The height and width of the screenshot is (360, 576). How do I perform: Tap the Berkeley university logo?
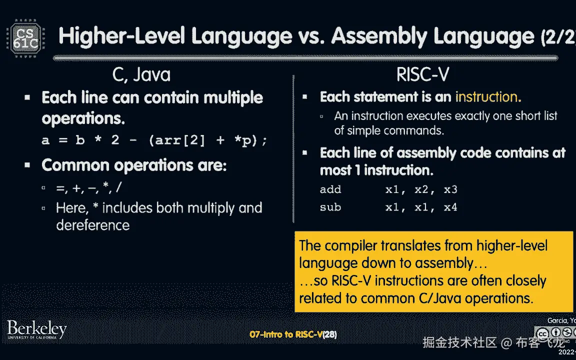(x=36, y=330)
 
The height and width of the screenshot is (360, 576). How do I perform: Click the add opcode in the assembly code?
(x=330, y=189)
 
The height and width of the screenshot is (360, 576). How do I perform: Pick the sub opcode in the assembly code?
(x=330, y=206)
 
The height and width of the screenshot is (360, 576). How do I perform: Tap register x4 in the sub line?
(x=450, y=206)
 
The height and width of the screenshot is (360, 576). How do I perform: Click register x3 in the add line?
(x=450, y=189)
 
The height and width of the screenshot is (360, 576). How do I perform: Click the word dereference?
(x=93, y=225)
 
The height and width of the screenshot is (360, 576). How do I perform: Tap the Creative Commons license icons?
(x=555, y=333)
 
